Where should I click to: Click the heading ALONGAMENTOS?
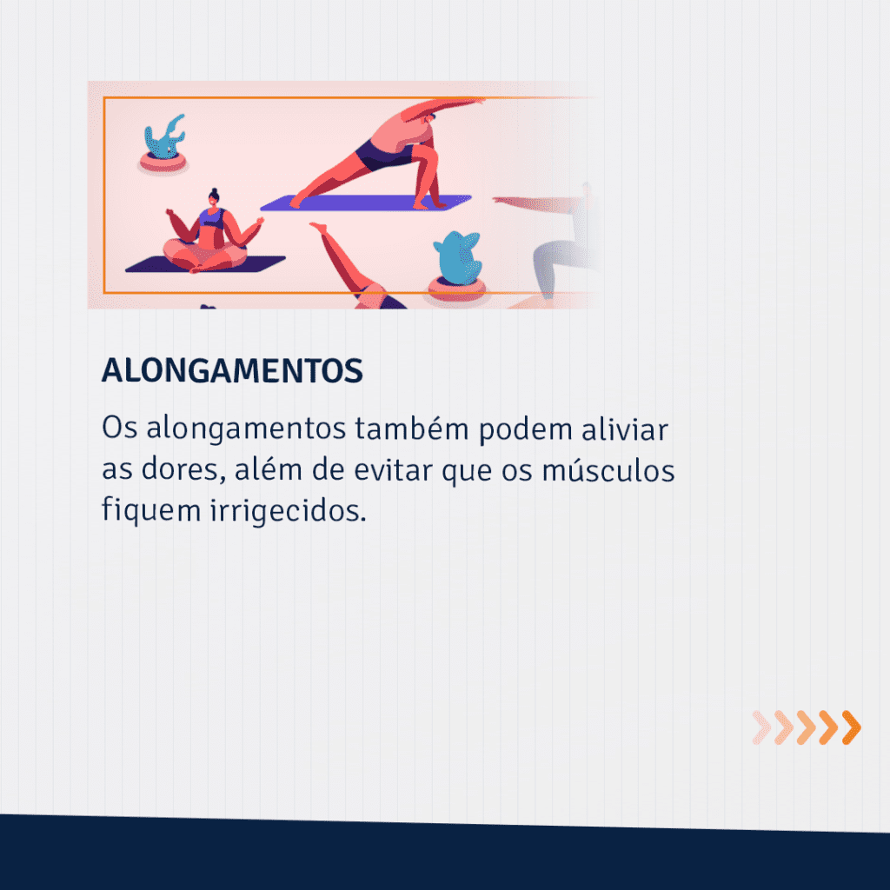tap(232, 370)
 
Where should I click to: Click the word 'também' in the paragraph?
tap(411, 428)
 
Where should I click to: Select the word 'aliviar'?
tap(624, 428)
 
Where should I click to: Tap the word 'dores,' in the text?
tap(183, 470)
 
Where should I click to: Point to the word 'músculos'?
tap(608, 470)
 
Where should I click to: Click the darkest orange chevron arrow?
tap(852, 727)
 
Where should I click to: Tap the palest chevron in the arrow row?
tap(761, 727)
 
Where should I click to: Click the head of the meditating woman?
tap(214, 197)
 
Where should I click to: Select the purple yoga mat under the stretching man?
tap(366, 203)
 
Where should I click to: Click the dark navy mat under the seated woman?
tap(205, 264)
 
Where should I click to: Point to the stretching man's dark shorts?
tap(382, 155)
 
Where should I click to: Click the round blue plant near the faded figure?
tap(457, 258)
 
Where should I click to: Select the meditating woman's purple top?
tap(212, 218)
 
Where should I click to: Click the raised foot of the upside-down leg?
tap(318, 227)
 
